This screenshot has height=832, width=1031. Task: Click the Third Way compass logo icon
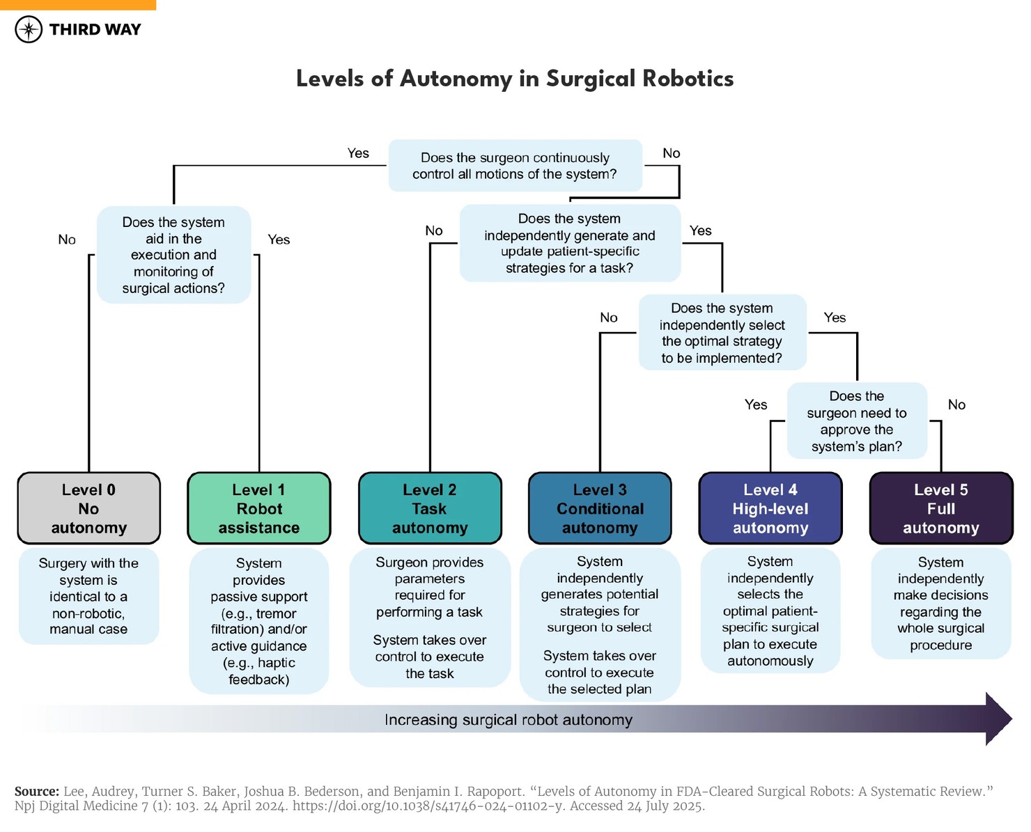29,29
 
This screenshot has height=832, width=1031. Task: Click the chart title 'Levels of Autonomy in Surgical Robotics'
515,79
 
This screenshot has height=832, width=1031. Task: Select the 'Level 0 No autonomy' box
88,508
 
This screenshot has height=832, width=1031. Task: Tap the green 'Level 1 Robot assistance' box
258,508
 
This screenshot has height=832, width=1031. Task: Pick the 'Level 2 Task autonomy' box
430,508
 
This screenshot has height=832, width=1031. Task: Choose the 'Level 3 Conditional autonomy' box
600,508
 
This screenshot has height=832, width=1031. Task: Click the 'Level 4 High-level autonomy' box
770,508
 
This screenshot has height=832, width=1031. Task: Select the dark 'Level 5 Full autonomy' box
941,508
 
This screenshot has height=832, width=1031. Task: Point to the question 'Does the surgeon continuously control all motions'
515,166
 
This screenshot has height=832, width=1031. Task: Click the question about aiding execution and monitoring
173,255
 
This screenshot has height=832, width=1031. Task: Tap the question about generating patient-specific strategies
570,243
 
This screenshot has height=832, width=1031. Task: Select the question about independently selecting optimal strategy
722,333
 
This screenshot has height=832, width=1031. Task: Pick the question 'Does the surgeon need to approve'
857,421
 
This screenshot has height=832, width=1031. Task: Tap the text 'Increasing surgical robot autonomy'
509,720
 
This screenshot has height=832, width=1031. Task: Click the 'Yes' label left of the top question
358,153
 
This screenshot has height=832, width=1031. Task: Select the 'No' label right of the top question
672,153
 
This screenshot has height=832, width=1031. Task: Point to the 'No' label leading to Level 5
956,405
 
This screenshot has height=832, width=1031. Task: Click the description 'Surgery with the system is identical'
88,596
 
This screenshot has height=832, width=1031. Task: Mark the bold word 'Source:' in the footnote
36,792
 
